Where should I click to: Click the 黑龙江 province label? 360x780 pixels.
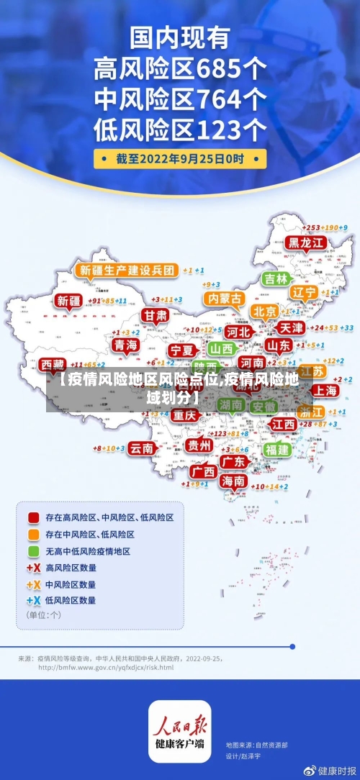point(307,242)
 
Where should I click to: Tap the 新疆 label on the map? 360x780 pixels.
point(70,301)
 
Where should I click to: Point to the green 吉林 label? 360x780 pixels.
point(276,278)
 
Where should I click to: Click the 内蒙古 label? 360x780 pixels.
point(224,298)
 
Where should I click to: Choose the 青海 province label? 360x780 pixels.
point(126,345)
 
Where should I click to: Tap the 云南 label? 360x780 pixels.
point(142,448)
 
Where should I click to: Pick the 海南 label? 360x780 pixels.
point(233,480)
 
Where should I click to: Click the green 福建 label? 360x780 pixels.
point(276,449)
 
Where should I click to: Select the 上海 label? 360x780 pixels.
point(326,390)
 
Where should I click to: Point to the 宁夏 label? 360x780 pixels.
point(181,350)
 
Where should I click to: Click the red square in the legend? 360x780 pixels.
point(33,517)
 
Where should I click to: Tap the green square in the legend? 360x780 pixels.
point(33,551)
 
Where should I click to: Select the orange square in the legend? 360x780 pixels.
point(33,535)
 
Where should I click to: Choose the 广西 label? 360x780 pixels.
point(204,471)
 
